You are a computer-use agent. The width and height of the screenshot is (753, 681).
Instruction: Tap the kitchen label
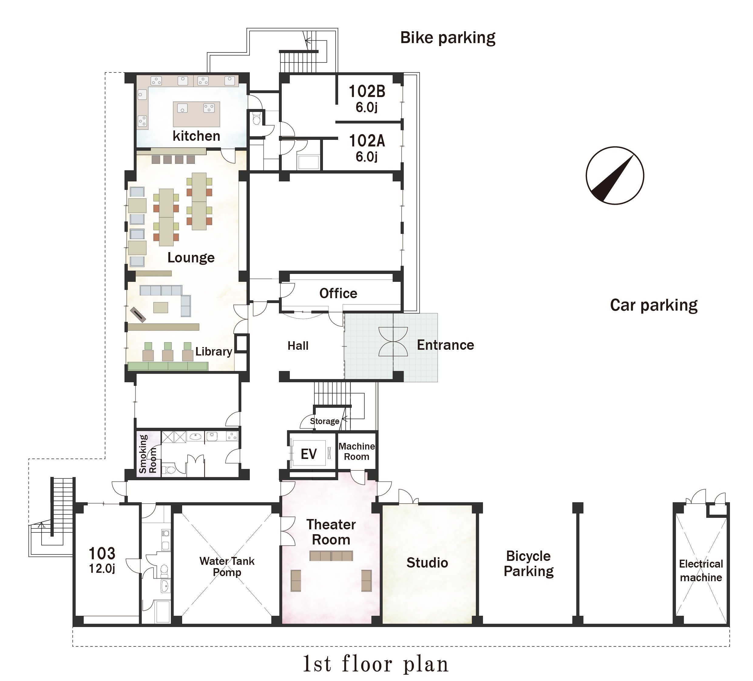click(x=196, y=136)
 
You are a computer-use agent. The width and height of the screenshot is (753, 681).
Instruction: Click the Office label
click(x=338, y=293)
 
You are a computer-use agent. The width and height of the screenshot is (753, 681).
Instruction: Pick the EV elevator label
click(x=309, y=454)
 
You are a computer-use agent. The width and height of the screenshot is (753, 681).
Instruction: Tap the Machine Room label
click(x=357, y=451)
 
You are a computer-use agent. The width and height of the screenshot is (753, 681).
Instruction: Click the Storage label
click(x=324, y=421)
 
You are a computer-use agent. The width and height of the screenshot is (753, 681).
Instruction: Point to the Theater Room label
click(x=331, y=532)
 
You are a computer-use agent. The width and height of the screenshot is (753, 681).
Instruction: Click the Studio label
click(x=427, y=563)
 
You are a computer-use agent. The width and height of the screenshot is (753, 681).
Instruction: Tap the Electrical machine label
click(x=701, y=571)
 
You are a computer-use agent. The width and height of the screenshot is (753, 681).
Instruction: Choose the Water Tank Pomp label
click(x=227, y=566)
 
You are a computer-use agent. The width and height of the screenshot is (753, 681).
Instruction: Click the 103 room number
click(x=102, y=553)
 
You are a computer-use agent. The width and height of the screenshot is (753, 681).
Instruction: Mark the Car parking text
click(x=654, y=305)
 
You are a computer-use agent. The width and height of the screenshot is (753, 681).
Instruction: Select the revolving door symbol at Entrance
click(x=393, y=342)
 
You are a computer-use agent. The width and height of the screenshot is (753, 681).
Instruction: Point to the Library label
click(x=214, y=352)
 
